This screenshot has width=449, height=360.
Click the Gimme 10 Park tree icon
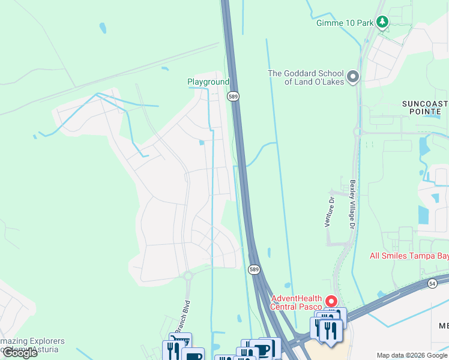tap(382, 23)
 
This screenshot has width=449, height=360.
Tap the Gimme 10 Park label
tap(345, 23)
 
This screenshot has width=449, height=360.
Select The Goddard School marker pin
tap(353, 77)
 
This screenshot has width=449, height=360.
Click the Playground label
tap(208, 82)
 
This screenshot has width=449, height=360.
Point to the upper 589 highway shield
tap(234, 96)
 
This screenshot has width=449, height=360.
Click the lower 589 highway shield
tap(254, 270)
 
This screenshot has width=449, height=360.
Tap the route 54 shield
tap(432, 283)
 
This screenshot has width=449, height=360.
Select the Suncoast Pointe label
tap(425, 108)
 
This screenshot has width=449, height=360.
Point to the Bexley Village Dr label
tap(353, 204)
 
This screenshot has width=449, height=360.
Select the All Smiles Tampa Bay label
tap(409, 256)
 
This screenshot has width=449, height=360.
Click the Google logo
tap(20, 353)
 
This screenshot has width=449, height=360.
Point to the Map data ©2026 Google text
tap(412, 355)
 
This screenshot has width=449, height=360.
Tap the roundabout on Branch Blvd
tap(188, 276)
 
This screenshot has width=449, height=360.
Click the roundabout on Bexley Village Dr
tap(358, 131)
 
